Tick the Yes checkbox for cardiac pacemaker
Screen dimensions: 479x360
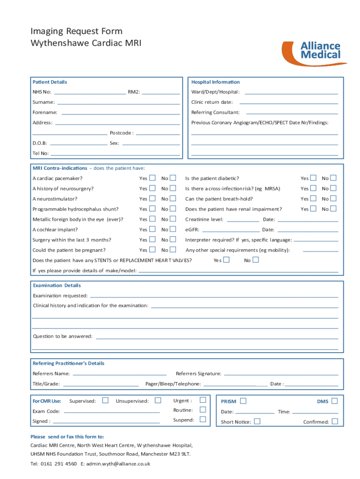pyautogui.click(x=152, y=178)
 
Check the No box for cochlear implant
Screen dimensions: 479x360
pyautogui.click(x=173, y=229)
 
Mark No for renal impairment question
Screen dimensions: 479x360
pyautogui.click(x=333, y=209)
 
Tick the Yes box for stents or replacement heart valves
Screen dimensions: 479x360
pyautogui.click(x=226, y=260)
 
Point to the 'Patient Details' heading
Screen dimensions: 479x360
pyautogui.click(x=50, y=82)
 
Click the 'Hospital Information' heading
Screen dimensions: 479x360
pyautogui.click(x=216, y=82)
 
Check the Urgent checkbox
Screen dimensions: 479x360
pyautogui.click(x=203, y=400)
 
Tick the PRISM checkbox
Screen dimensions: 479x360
pyautogui.click(x=243, y=401)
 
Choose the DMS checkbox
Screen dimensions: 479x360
pyautogui.click(x=334, y=401)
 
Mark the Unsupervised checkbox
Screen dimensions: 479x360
pyautogui.click(x=158, y=400)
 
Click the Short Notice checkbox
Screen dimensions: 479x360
pyautogui.click(x=257, y=421)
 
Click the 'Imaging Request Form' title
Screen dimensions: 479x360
pyautogui.click(x=76, y=31)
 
